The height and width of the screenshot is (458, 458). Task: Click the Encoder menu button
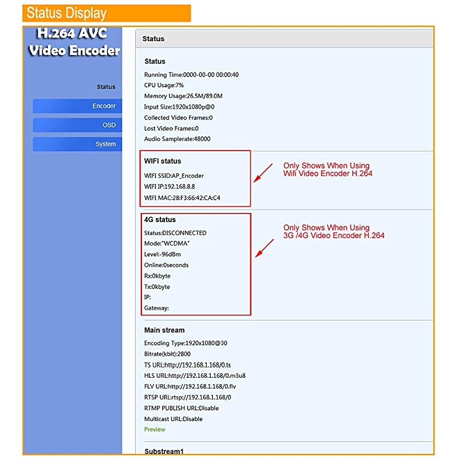77,106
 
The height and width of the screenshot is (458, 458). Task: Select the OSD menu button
77,125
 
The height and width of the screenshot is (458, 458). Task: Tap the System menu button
77,144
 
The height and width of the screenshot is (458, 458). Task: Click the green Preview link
155,429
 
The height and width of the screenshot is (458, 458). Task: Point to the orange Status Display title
106,13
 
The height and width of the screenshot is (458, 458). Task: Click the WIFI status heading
163,161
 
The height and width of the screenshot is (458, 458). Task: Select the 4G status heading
160,220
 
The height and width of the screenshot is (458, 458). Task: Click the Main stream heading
164,330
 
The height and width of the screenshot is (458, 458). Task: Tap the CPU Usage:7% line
164,85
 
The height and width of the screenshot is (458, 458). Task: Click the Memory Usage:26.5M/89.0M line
183,96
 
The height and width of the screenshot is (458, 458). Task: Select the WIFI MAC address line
182,198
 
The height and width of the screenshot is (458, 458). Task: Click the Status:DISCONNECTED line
175,233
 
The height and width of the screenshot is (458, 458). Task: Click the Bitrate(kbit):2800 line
167,354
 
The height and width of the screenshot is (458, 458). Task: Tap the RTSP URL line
188,397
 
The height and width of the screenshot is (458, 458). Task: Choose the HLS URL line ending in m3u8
195,376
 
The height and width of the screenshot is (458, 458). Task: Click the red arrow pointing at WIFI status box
263,173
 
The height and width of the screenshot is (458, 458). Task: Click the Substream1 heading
164,452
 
